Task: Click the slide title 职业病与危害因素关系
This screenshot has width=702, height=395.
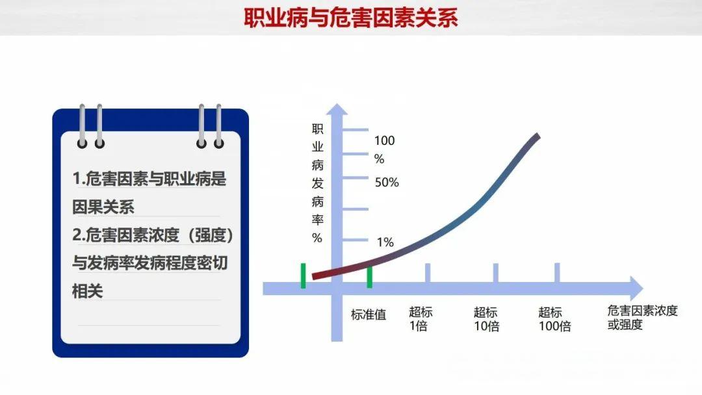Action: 350,18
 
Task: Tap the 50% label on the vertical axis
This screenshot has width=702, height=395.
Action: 387,183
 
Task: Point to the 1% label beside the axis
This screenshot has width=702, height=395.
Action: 385,242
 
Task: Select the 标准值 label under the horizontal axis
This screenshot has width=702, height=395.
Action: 369,315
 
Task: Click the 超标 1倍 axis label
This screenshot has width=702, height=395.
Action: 421,319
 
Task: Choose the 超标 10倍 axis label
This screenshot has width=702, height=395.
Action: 486,319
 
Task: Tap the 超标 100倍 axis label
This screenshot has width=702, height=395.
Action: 554,319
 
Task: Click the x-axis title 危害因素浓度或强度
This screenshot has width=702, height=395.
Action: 642,317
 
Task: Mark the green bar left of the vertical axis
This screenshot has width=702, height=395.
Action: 303,275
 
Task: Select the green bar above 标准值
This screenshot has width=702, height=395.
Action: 369,276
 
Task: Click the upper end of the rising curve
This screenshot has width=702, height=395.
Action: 537,136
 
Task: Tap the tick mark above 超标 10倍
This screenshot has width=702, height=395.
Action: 495,273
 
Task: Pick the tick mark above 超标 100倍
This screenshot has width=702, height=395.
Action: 557,273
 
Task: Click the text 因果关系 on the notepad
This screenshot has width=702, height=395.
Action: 103,207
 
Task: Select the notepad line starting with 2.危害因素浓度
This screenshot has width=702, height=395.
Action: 153,235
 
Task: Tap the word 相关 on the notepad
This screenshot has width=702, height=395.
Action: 88,290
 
